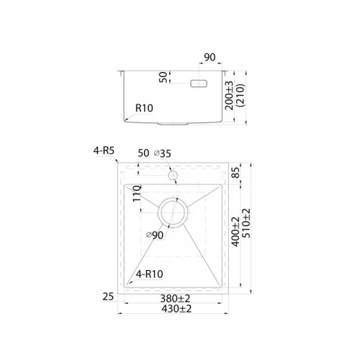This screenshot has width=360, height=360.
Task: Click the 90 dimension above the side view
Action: [210, 58]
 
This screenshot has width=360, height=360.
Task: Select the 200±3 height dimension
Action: [229, 96]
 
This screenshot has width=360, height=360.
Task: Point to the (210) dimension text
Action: [240, 95]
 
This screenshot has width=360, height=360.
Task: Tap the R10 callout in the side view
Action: [144, 108]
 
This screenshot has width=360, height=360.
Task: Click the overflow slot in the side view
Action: [199, 84]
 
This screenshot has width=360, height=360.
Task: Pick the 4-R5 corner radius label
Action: [104, 151]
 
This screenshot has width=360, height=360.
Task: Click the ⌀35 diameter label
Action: [163, 153]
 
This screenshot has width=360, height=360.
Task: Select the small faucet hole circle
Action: [173, 176]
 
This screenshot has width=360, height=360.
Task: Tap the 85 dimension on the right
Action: [236, 173]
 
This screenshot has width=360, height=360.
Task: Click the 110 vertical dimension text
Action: [137, 193]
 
